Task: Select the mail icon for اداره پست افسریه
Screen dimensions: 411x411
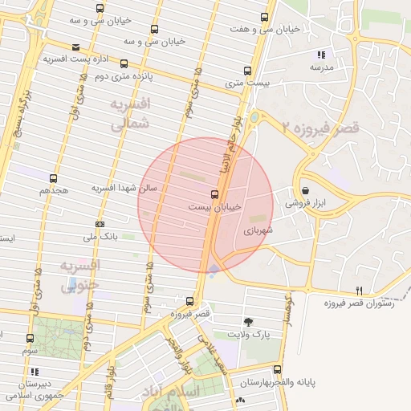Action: (75, 47)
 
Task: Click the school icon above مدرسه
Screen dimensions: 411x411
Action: (321, 55)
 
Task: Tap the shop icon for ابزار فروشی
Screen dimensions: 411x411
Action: (305, 190)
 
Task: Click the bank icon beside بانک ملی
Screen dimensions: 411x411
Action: (100, 224)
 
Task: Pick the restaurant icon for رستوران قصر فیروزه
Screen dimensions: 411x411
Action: (360, 291)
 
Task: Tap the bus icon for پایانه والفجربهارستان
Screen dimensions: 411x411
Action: (278, 370)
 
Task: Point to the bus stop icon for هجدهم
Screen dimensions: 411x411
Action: (54, 178)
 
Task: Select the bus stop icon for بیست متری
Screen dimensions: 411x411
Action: (246, 70)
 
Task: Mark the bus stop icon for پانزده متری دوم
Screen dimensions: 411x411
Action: (124, 63)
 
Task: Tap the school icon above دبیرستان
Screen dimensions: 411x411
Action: (35, 372)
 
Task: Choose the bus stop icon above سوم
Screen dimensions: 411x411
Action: (31, 339)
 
